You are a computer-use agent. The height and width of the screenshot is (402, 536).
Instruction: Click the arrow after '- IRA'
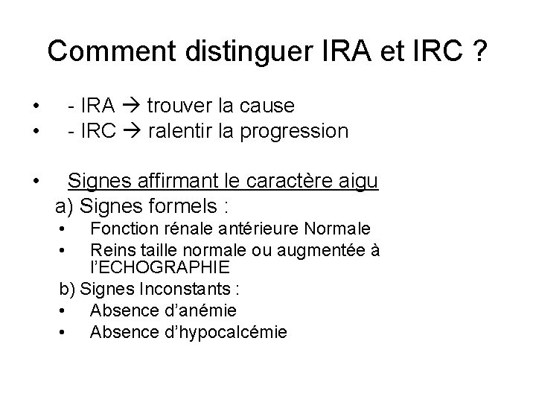(133, 106)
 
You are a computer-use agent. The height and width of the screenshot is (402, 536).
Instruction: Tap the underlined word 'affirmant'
(180, 181)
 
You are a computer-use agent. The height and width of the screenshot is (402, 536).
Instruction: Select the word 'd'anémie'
(193, 310)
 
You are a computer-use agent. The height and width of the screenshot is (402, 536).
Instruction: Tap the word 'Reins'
(110, 249)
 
